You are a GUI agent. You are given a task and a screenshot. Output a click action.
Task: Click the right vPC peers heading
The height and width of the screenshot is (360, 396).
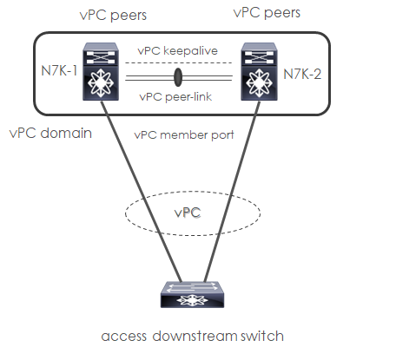pyautogui.click(x=267, y=13)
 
